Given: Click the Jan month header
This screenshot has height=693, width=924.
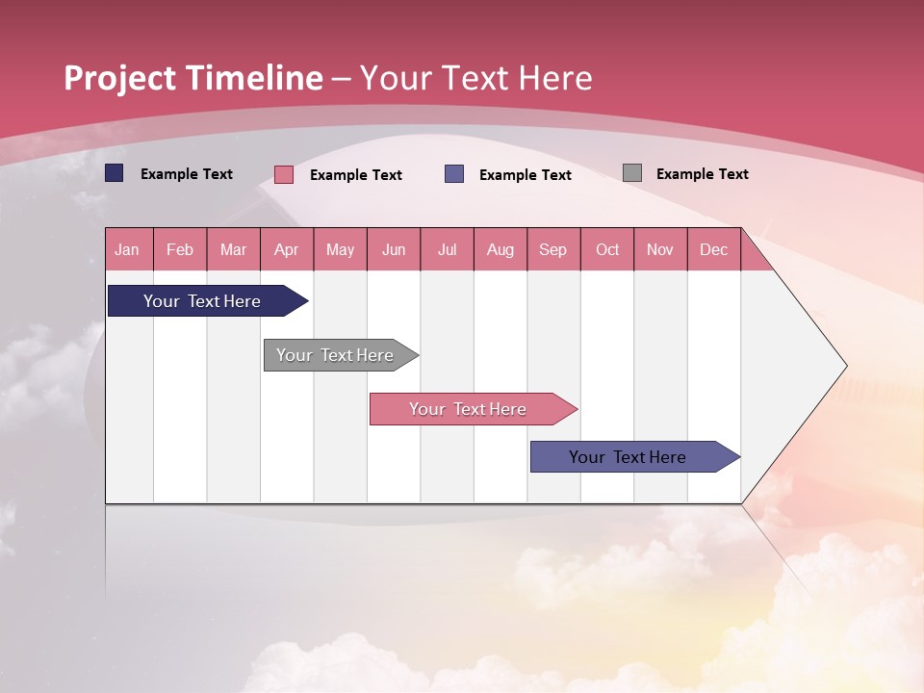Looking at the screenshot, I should (x=128, y=249).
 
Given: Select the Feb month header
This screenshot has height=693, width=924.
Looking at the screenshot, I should (x=180, y=249).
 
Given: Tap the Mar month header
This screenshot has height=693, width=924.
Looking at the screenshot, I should (x=233, y=249).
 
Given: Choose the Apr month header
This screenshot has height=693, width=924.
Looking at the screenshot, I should (x=287, y=249).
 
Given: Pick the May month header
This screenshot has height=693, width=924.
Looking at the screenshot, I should (x=340, y=249).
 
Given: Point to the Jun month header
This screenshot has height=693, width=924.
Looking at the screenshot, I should (x=394, y=249).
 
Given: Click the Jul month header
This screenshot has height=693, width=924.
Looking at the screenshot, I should (x=447, y=249).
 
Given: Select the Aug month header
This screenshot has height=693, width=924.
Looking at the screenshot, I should (x=500, y=249).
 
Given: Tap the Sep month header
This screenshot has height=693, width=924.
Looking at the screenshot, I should (x=553, y=249).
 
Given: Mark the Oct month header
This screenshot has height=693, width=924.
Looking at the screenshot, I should (x=607, y=249).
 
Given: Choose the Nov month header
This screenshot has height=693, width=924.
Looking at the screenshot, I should (x=660, y=249).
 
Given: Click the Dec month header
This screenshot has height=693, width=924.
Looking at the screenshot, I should (x=714, y=249).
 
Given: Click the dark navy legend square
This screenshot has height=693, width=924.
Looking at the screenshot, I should (x=115, y=173).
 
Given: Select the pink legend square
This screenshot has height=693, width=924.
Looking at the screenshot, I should (x=284, y=174).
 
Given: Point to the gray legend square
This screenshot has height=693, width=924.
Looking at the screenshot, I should (x=632, y=173).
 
